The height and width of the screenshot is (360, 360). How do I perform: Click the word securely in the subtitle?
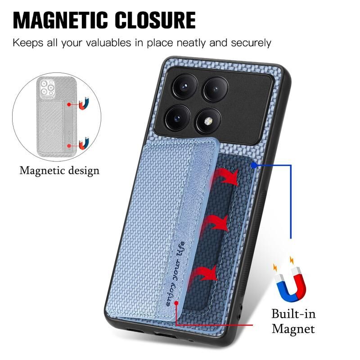pos(251,43)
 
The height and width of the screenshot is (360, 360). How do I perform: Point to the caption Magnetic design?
pos(59,171)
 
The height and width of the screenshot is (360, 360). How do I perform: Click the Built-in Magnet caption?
pos(293,321)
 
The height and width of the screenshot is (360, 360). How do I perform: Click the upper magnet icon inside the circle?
pos(84,103)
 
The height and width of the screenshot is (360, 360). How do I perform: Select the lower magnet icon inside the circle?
pos(84,143)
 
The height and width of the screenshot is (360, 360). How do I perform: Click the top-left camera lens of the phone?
pos(185,86)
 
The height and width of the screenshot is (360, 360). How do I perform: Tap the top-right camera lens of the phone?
pos(216,89)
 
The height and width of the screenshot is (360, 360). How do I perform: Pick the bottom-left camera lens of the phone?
pos(177,118)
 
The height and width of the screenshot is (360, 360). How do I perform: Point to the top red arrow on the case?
pos(225,177)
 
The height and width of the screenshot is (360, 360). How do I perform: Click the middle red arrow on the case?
pos(215,224)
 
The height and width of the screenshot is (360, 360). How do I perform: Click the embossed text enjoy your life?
pos(175,274)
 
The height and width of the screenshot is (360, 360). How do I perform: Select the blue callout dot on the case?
pos(254,165)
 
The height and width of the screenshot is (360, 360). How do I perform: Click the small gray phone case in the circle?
pos(57,116)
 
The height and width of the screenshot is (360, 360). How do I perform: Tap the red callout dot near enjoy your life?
pos(176,303)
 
